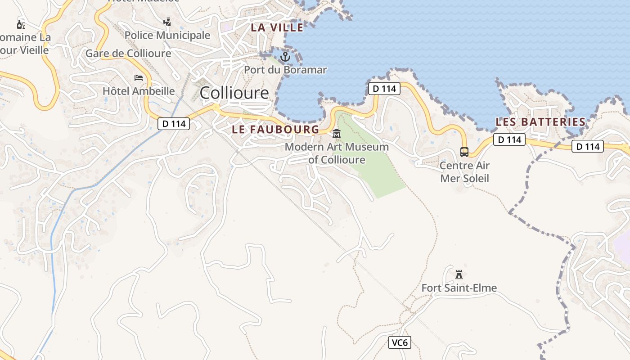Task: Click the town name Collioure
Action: tap(234, 93)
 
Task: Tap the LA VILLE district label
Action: tap(277, 27)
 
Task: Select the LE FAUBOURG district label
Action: tap(275, 130)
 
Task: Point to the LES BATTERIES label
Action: tap(540, 122)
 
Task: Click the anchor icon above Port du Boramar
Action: tap(285, 57)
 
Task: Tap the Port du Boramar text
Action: tap(285, 70)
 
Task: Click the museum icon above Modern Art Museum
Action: tap(337, 134)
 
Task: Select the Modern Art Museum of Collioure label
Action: tap(337, 153)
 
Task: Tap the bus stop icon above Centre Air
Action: tap(464, 152)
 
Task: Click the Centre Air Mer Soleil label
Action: tap(464, 171)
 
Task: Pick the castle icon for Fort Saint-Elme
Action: tap(459, 274)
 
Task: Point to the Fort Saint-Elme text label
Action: tap(459, 288)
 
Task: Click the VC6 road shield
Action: tap(400, 342)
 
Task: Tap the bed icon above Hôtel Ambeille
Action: tap(139, 78)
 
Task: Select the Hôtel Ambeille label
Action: tap(139, 91)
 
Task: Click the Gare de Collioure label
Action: tap(128, 54)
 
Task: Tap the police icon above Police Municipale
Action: tap(167, 22)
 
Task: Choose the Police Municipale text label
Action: tap(167, 35)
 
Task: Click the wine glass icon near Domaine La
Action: tap(21, 24)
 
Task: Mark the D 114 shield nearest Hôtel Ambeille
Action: tap(174, 124)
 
